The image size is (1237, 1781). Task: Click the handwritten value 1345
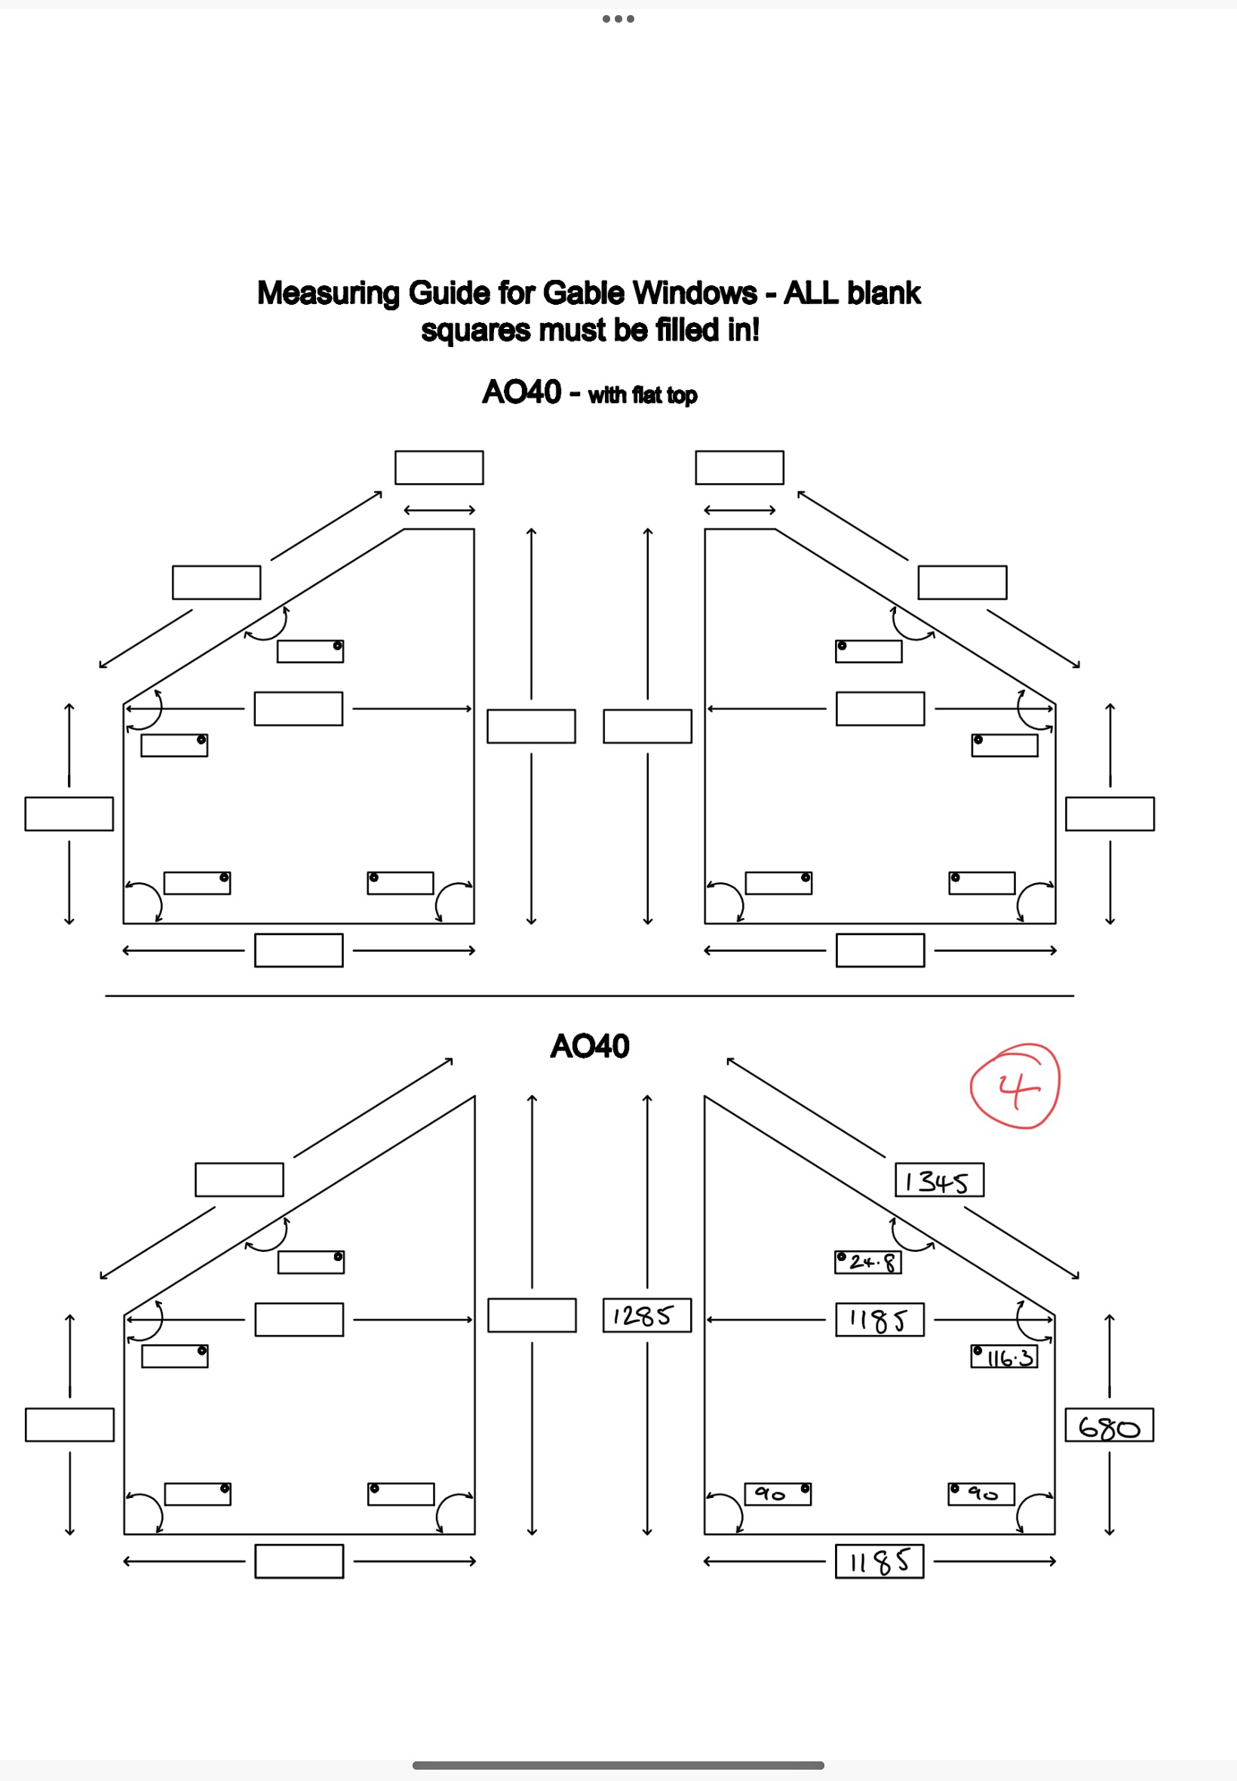point(938,1180)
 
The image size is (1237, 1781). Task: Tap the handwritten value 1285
point(646,1316)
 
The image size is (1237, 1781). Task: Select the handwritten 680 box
point(1108,1425)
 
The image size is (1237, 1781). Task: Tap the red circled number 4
point(1015,1087)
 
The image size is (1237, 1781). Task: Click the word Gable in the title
point(585,293)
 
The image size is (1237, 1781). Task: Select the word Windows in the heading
point(695,293)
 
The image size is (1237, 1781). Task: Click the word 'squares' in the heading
point(476,331)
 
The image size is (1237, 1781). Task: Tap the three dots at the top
point(618,19)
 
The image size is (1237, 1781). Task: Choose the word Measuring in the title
point(328,293)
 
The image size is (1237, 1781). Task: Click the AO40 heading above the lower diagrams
point(589,1046)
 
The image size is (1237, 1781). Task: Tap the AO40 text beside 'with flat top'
point(521,392)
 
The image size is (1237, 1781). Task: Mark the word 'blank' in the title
point(883,293)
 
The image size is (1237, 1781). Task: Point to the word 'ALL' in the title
point(812,293)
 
